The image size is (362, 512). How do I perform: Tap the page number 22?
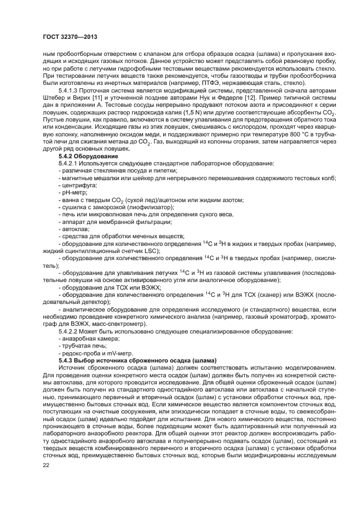pyautogui.click(x=46, y=465)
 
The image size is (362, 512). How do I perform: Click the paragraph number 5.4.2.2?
pyautogui.click(x=70, y=332)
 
